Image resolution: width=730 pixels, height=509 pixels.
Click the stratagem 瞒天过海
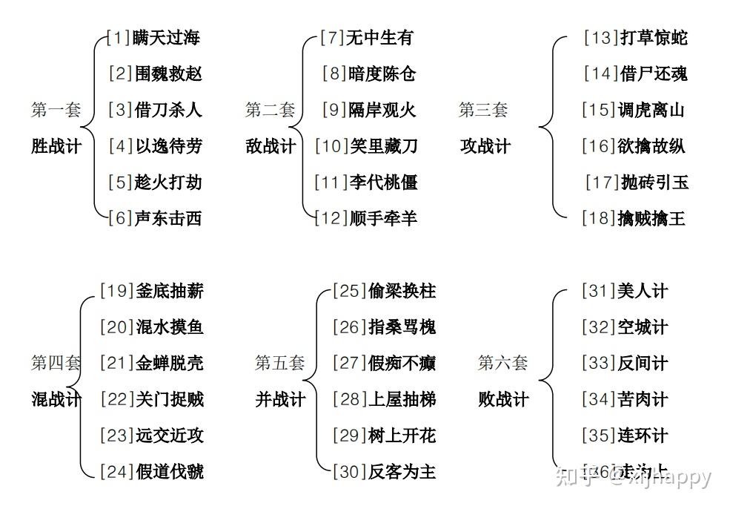tap(167, 37)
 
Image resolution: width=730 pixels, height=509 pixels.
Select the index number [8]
tap(334, 73)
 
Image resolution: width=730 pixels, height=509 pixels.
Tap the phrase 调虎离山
tap(651, 110)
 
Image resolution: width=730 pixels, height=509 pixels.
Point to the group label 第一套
tap(56, 110)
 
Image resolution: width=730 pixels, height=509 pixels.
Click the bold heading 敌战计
tap(271, 146)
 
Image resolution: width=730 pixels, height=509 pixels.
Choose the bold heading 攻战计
tap(485, 146)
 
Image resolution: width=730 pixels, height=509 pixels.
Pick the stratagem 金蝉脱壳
tap(170, 363)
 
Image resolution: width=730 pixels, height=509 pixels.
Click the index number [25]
tap(349, 291)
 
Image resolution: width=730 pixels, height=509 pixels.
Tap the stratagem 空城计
tap(643, 327)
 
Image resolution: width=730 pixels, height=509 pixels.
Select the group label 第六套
tap(503, 363)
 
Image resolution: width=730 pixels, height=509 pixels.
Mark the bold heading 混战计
tap(56, 399)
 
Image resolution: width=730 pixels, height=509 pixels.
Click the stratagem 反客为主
tap(402, 472)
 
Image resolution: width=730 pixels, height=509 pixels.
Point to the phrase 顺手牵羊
tap(383, 218)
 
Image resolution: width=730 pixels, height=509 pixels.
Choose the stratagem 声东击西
tap(168, 218)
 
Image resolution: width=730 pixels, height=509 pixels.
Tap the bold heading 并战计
tap(280, 399)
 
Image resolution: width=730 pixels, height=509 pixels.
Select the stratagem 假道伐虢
tap(170, 472)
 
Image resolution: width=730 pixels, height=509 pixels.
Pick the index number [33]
tap(598, 363)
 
